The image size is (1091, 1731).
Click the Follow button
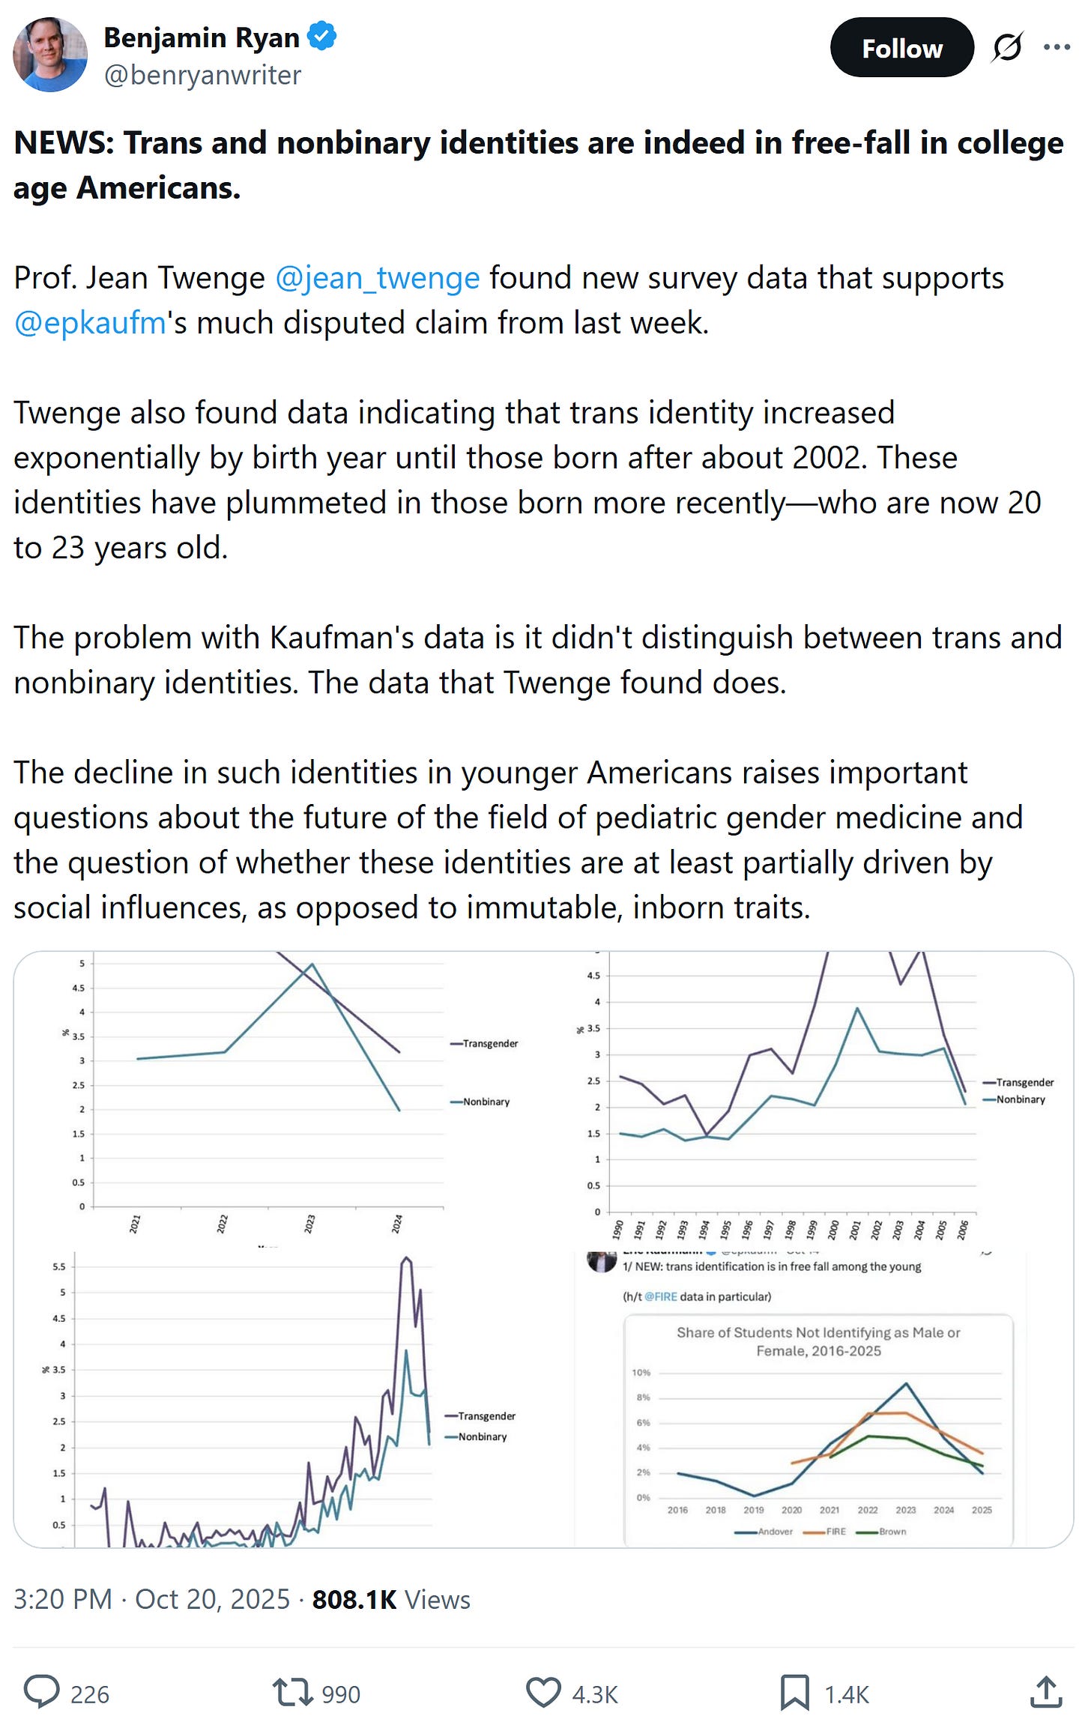coord(901,49)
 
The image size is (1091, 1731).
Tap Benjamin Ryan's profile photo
coord(50,55)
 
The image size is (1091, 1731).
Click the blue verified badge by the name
coord(322,36)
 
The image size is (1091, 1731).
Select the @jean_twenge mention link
coord(377,278)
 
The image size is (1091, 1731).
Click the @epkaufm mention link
coord(90,323)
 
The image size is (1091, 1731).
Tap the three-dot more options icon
coord(1057,48)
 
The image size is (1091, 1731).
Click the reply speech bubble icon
coord(41,1692)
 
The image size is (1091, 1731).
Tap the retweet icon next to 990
coord(291,1692)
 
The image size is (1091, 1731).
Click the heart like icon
coord(543,1692)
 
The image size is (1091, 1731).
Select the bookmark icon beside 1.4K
coord(794,1692)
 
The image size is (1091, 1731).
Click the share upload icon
coord(1046,1692)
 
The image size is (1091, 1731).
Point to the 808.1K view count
coord(354,1599)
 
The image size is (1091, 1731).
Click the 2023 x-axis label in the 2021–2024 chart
coord(309,1224)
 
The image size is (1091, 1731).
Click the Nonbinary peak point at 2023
coord(312,964)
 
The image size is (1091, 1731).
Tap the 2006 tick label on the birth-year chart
coord(963,1230)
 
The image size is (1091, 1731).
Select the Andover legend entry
coord(764,1532)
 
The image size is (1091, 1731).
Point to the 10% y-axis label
coord(641,1373)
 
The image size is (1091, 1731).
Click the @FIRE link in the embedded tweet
coord(660,1296)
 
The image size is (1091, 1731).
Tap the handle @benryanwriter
coord(202,75)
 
